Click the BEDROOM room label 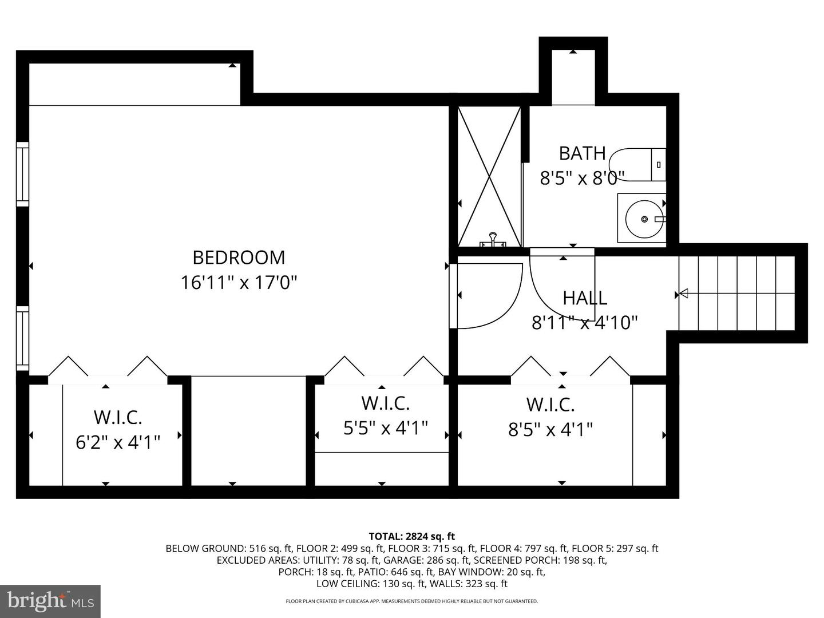click(x=239, y=257)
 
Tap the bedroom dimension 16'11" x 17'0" click(x=239, y=283)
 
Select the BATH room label click(x=583, y=153)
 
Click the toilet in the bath click(x=637, y=165)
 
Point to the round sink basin click(x=644, y=219)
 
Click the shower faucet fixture click(x=492, y=240)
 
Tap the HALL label click(x=585, y=298)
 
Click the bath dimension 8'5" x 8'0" click(x=583, y=178)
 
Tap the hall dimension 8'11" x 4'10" click(x=584, y=323)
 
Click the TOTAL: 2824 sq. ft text click(x=412, y=536)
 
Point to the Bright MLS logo click(x=50, y=601)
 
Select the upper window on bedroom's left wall click(x=22, y=174)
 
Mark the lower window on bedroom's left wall click(x=22, y=338)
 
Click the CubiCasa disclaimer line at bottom click(x=412, y=601)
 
